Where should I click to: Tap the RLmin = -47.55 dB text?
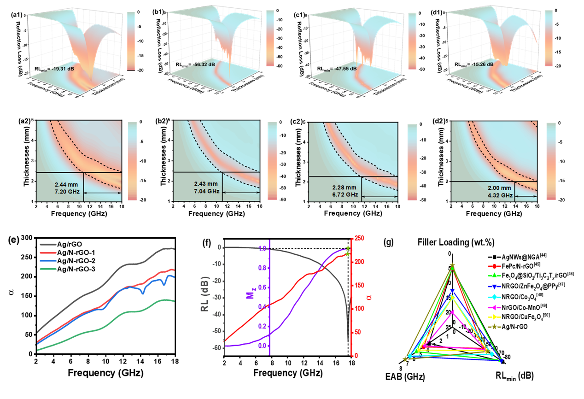(x=337, y=68)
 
